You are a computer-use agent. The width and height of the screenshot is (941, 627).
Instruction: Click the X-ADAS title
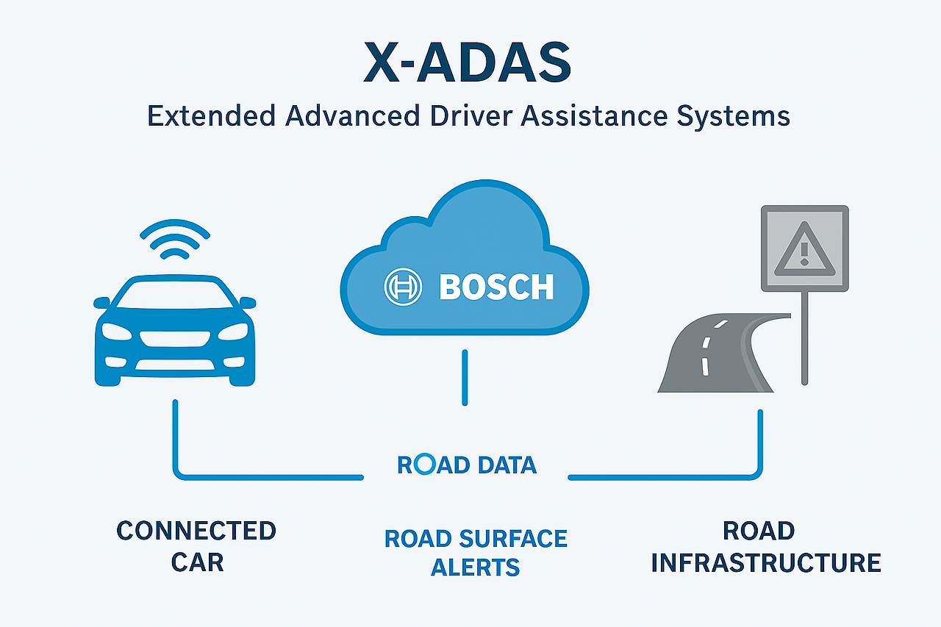[468, 64]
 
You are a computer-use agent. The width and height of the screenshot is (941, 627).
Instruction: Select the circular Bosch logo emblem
[403, 286]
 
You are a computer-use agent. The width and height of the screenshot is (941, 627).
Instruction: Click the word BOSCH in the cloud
[496, 287]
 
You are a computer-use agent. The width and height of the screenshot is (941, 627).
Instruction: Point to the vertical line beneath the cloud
[465, 377]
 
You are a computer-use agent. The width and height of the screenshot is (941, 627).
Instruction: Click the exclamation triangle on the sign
[804, 248]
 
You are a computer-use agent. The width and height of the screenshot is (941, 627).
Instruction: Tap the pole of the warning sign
[804, 338]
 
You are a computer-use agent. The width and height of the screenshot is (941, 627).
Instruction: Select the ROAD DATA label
[467, 465]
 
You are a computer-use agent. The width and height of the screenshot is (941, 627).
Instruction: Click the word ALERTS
[476, 567]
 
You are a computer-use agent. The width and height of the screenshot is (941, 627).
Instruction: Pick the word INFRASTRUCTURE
[766, 562]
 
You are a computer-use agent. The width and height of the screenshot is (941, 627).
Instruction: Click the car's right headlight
[233, 331]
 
